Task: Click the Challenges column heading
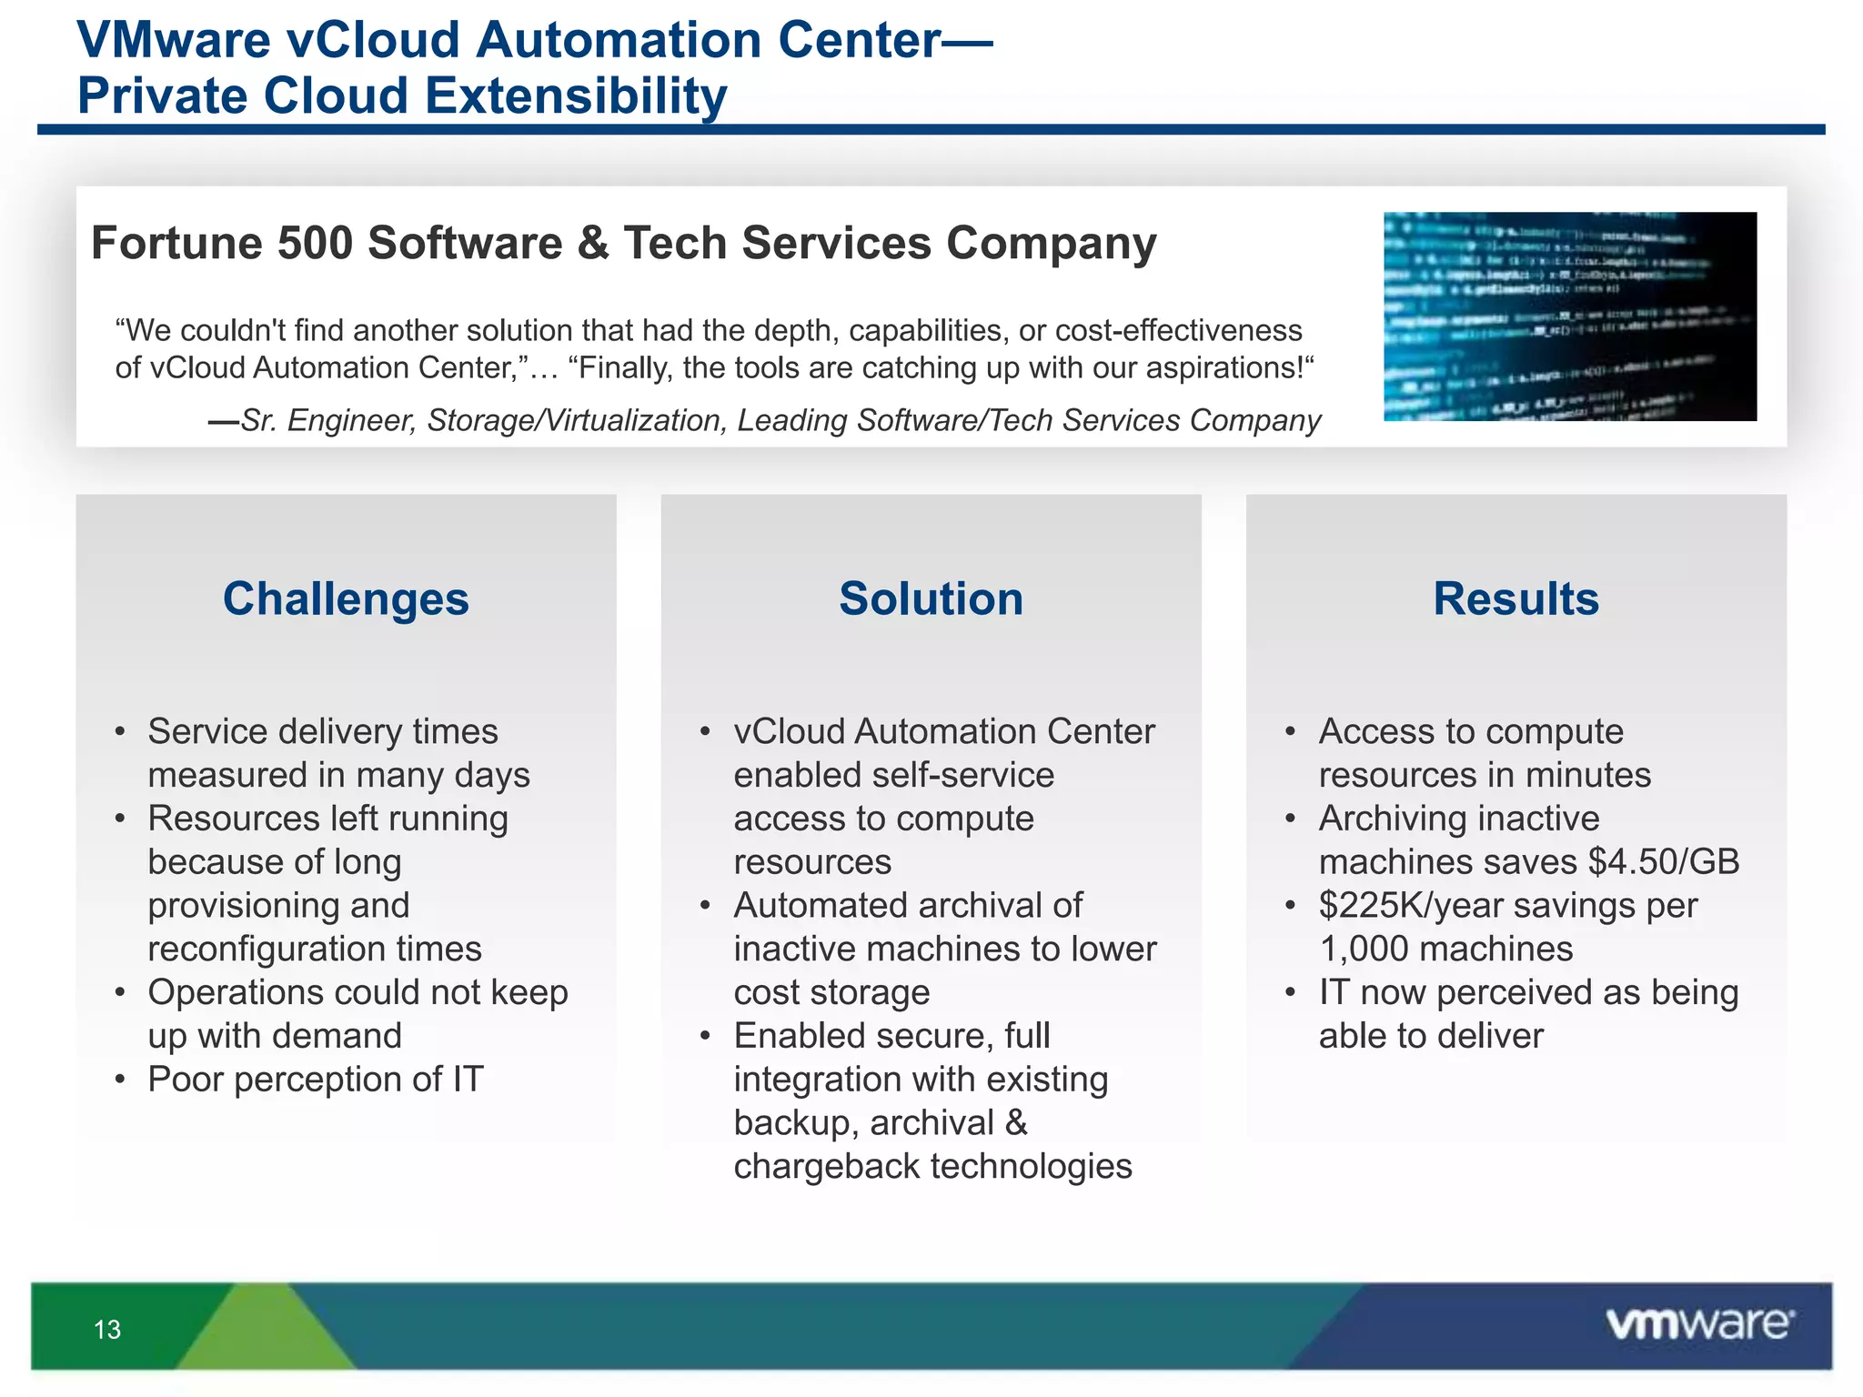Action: pos(346,599)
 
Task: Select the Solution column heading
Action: pos(931,599)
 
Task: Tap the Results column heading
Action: pos(1516,599)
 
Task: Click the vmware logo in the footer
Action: pos(1699,1324)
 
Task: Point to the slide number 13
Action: pos(107,1330)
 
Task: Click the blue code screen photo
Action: pos(1569,317)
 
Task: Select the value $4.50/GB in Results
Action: pos(1664,862)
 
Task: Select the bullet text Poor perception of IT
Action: pos(316,1080)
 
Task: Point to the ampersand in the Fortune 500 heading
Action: pos(592,244)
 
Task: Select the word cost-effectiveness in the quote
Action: pos(1179,330)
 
